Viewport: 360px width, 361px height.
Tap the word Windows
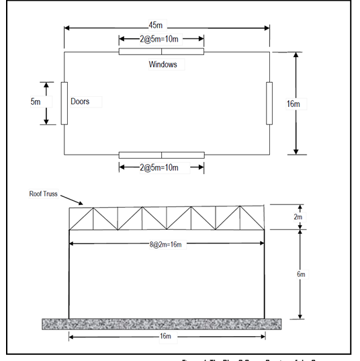163,65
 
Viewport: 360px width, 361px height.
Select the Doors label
80,102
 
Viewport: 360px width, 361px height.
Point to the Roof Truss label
42,194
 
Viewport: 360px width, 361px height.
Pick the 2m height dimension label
300,216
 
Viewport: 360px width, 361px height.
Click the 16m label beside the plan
293,104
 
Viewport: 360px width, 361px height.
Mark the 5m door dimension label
36,102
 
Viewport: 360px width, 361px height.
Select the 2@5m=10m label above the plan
161,38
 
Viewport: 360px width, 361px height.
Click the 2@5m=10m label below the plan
160,167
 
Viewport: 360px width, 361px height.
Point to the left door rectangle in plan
64,103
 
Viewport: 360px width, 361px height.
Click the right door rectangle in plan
269,103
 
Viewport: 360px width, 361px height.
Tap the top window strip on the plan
161,52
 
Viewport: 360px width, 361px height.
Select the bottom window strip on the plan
161,155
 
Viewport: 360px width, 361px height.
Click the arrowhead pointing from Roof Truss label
81,203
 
